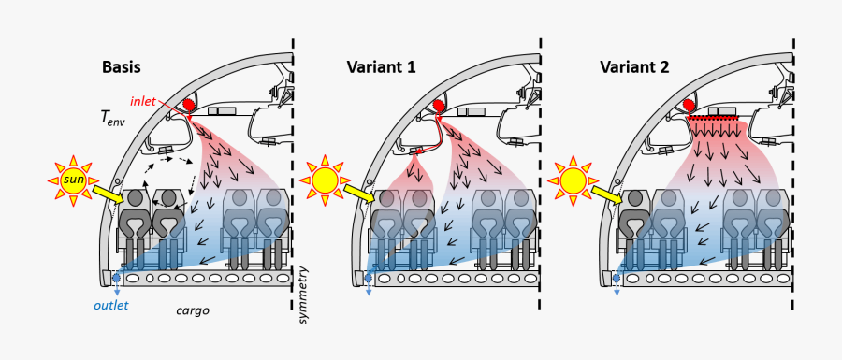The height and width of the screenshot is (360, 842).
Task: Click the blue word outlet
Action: [110, 306]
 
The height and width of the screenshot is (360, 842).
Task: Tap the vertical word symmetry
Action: [302, 295]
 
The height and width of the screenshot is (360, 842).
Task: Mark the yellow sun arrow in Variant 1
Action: [361, 194]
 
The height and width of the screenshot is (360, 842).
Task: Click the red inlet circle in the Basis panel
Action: [189, 107]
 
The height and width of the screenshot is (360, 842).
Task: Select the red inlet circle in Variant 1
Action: [439, 107]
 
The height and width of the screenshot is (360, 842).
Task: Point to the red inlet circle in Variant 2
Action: [689, 106]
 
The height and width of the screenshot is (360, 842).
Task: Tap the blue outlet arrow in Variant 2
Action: [617, 284]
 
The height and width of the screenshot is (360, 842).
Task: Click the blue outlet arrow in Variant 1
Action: [368, 284]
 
